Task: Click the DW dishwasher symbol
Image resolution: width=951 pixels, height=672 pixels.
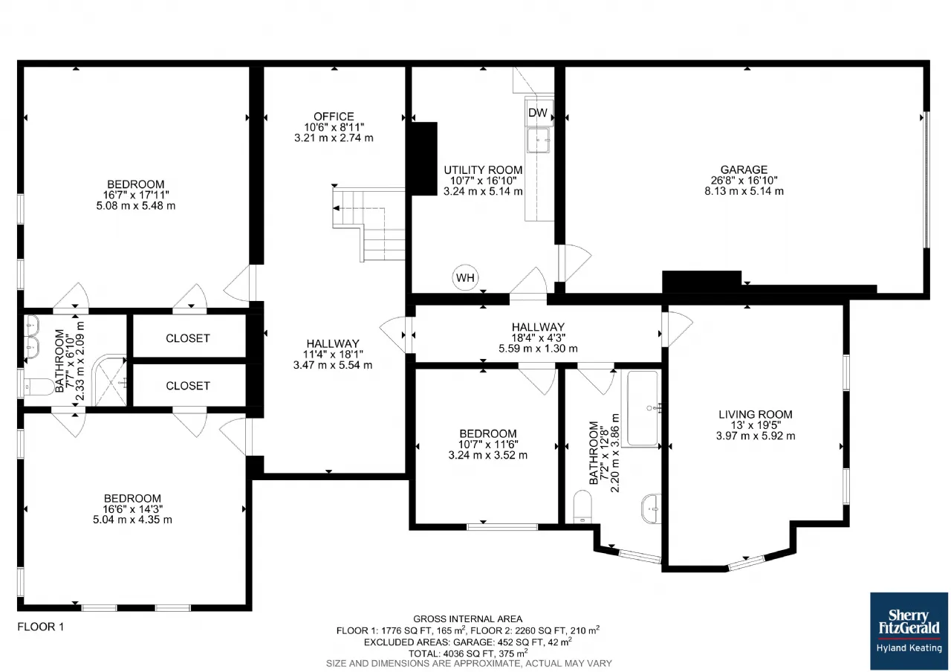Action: (539, 112)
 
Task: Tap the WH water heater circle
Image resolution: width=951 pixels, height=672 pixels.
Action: (465, 278)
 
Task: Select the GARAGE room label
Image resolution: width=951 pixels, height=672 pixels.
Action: (744, 169)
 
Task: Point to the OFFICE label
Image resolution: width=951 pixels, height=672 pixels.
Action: (334, 117)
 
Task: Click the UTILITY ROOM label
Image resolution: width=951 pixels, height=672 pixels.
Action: (483, 170)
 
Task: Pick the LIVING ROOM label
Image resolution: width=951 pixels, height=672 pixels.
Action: (756, 414)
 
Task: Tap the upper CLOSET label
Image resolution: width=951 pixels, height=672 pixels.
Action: (188, 338)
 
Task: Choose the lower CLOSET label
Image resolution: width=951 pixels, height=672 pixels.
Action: (188, 386)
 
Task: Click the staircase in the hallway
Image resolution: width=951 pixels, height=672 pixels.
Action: (369, 224)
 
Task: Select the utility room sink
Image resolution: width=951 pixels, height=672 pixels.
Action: (539, 140)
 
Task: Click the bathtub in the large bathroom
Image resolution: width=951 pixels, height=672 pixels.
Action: (642, 409)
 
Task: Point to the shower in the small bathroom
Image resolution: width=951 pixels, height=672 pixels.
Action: (109, 381)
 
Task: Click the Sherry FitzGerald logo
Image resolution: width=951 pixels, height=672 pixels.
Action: (909, 631)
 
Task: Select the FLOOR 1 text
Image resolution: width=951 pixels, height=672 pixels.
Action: (41, 627)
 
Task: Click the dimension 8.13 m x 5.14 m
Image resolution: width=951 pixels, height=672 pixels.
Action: (744, 191)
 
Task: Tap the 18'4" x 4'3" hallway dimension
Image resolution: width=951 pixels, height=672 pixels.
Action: (538, 337)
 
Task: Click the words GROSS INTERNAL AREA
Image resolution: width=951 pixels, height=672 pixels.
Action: (467, 619)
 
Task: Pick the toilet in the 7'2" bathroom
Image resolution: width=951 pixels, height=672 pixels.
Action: (582, 507)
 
